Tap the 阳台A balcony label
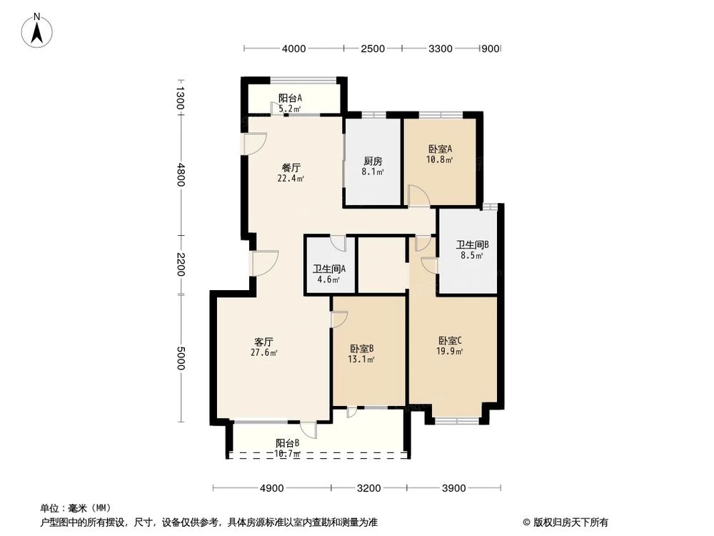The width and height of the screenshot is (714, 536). (x=290, y=99)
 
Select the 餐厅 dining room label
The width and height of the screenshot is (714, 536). (x=291, y=168)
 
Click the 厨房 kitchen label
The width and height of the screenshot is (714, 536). (x=373, y=161)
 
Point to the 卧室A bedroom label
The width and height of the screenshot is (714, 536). (x=440, y=149)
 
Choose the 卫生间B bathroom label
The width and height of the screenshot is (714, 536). (x=472, y=244)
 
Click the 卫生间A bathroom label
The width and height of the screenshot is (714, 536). (x=329, y=269)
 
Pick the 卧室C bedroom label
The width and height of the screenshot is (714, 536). (x=451, y=340)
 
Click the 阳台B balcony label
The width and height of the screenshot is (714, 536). (x=287, y=443)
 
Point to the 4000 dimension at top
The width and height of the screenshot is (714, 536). (x=294, y=49)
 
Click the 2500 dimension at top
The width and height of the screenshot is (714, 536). (x=373, y=49)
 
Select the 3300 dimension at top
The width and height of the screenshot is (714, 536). (x=441, y=49)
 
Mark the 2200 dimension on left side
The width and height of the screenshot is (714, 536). (x=181, y=265)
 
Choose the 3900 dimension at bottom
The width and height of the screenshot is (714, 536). (x=453, y=489)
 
